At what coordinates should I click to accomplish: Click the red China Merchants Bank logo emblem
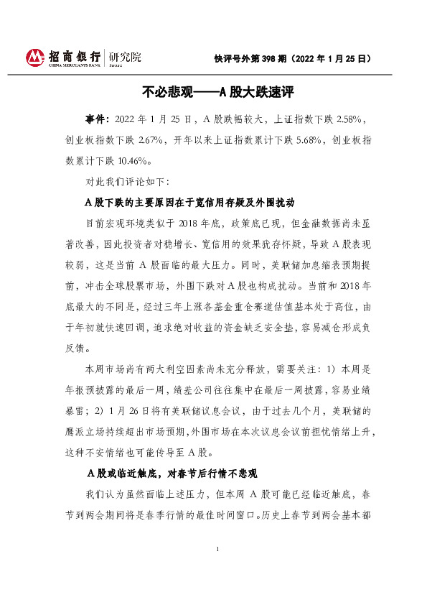(x=34, y=57)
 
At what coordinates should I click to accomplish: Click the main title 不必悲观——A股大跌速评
(x=214, y=93)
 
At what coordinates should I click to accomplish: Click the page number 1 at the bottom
(x=216, y=569)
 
